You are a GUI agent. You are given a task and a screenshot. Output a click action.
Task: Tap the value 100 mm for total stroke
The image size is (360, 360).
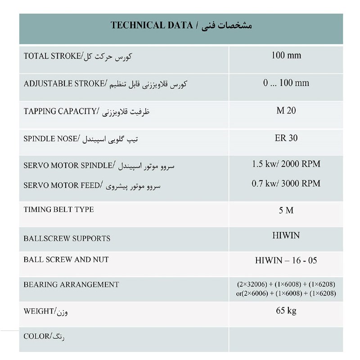(286, 56)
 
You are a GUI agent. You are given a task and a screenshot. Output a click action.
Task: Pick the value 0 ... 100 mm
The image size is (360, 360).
(286, 83)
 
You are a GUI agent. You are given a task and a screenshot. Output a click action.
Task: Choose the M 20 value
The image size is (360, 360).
(286, 111)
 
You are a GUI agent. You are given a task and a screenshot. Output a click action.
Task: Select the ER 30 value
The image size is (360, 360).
(286, 138)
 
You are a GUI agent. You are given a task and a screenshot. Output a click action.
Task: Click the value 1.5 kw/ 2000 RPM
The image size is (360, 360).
(286, 164)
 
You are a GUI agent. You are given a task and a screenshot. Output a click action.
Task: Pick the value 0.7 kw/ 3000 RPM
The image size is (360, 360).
(286, 184)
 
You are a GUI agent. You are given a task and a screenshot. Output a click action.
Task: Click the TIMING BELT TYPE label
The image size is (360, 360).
(58, 210)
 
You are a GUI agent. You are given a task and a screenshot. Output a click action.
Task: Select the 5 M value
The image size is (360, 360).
(286, 211)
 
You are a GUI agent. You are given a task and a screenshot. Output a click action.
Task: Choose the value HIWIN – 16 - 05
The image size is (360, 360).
(286, 261)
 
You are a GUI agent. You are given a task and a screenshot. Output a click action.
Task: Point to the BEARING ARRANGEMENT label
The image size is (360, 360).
(71, 284)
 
